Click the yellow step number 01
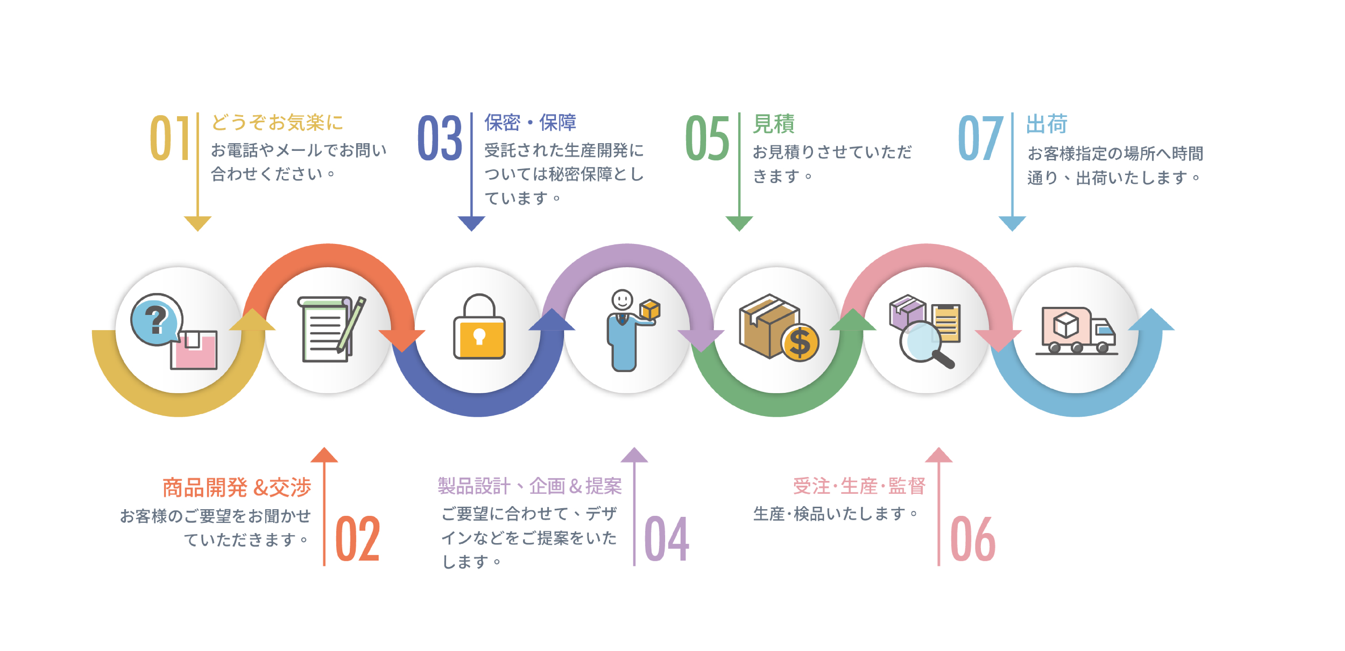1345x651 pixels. [x=170, y=138]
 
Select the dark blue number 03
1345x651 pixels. [x=440, y=138]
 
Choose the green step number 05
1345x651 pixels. [x=707, y=138]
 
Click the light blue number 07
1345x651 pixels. [x=980, y=138]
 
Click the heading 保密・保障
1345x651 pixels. [x=530, y=123]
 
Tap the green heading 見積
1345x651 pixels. [x=773, y=124]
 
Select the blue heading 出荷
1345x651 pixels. [x=1046, y=124]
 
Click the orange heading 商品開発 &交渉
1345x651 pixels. [x=236, y=487]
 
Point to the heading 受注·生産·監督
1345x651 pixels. [x=859, y=486]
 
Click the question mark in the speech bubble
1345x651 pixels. [x=156, y=320]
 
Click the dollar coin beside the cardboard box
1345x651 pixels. [x=799, y=343]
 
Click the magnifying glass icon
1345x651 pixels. [x=923, y=342]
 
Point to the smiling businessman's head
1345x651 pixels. [x=622, y=300]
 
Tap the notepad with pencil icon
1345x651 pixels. [x=329, y=329]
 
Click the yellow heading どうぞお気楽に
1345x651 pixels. [x=277, y=123]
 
